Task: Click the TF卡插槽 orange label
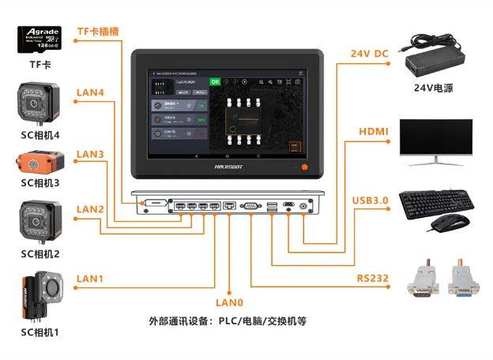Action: (97, 32)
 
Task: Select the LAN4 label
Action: (89, 92)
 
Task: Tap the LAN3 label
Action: (89, 153)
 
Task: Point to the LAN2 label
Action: (89, 209)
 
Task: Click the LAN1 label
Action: (89, 279)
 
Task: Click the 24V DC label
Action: (370, 54)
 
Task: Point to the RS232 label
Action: (371, 277)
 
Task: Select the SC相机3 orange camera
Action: (40, 163)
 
